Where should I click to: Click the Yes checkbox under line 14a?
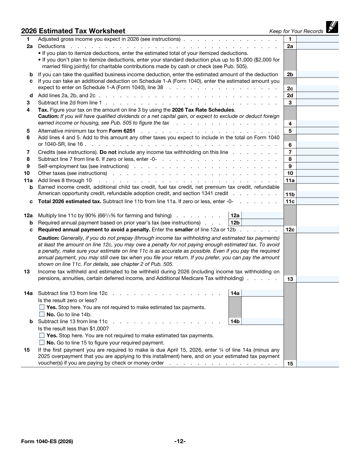[x=42, y=307]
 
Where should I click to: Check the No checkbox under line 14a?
[x=42, y=314]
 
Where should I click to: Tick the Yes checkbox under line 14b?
[x=42, y=335]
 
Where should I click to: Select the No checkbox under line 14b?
[x=42, y=343]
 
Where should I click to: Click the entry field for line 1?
[x=317, y=39]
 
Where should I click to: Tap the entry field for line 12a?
[x=262, y=215]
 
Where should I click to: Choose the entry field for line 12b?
[x=262, y=223]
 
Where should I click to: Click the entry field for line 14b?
[x=262, y=321]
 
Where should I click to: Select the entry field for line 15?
[x=317, y=364]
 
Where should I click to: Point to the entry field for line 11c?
[x=317, y=201]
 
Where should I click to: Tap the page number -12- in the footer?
[x=180, y=441]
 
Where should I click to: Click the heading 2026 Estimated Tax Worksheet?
[x=73, y=31]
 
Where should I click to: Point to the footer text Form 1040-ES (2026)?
[x=47, y=441]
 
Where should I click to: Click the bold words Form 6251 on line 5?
[x=122, y=131]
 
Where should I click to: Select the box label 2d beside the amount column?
[x=290, y=95]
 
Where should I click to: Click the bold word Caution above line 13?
[x=48, y=238]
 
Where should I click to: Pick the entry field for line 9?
[x=317, y=166]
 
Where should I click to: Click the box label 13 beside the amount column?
[x=290, y=279]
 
